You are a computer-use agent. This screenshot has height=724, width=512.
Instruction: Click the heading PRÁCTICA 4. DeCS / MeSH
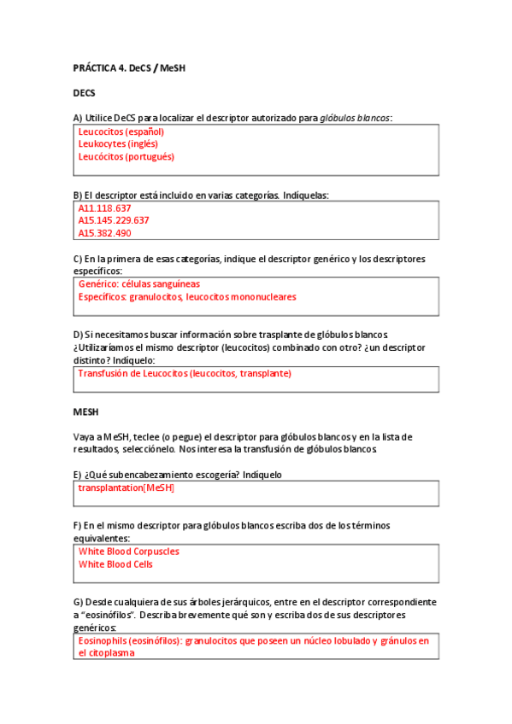click(129, 67)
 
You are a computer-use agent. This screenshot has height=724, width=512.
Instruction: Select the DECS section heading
click(84, 92)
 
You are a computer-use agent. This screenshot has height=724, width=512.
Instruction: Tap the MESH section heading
click(86, 412)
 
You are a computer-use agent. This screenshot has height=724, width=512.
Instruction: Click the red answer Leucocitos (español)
click(121, 132)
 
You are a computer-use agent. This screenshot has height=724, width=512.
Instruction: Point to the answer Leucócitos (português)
click(126, 157)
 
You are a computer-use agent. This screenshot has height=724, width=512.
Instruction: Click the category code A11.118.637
click(105, 208)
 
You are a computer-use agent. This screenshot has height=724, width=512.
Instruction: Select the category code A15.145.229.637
click(114, 220)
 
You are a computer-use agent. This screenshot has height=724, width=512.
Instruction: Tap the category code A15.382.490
click(105, 233)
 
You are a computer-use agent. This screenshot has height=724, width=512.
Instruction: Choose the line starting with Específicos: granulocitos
click(187, 296)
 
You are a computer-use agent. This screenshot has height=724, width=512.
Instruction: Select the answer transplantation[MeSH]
click(126, 488)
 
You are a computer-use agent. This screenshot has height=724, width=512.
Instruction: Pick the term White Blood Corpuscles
click(128, 552)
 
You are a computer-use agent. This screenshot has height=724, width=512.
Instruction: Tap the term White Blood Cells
click(115, 564)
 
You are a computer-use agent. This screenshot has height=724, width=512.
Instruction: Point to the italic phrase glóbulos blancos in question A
click(355, 118)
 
